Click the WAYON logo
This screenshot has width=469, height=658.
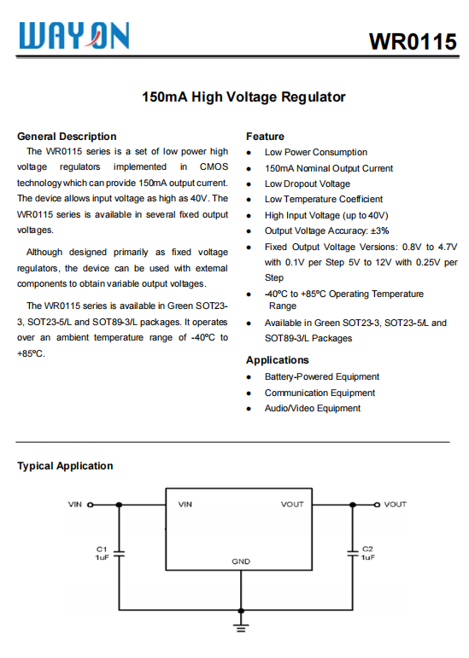pyautogui.click(x=75, y=35)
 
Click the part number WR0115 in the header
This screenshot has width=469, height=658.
pyautogui.click(x=412, y=42)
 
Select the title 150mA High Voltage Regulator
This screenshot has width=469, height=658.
pyautogui.click(x=243, y=96)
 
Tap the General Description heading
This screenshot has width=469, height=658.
pyautogui.click(x=67, y=137)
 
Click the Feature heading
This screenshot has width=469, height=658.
pyautogui.click(x=265, y=137)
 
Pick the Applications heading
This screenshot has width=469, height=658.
pyautogui.click(x=277, y=360)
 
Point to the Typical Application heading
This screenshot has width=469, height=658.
pyautogui.click(x=65, y=466)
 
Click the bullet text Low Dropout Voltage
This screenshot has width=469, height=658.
pyautogui.click(x=307, y=183)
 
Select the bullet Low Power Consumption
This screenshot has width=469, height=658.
pyautogui.click(x=315, y=152)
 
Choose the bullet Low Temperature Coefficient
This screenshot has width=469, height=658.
pyautogui.click(x=323, y=199)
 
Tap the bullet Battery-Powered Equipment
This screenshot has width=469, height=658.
pyautogui.click(x=321, y=376)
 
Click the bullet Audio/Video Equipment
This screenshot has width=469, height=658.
pyautogui.click(x=312, y=408)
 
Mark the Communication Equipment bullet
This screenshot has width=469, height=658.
pyautogui.click(x=320, y=393)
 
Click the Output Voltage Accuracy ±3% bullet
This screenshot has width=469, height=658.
pyautogui.click(x=326, y=230)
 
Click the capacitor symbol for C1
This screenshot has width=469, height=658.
pyautogui.click(x=120, y=554)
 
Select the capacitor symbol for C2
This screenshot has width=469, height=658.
pyautogui.click(x=351, y=554)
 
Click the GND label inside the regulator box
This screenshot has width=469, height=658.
pyautogui.click(x=241, y=562)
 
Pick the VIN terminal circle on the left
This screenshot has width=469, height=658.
pyautogui.click(x=91, y=504)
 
